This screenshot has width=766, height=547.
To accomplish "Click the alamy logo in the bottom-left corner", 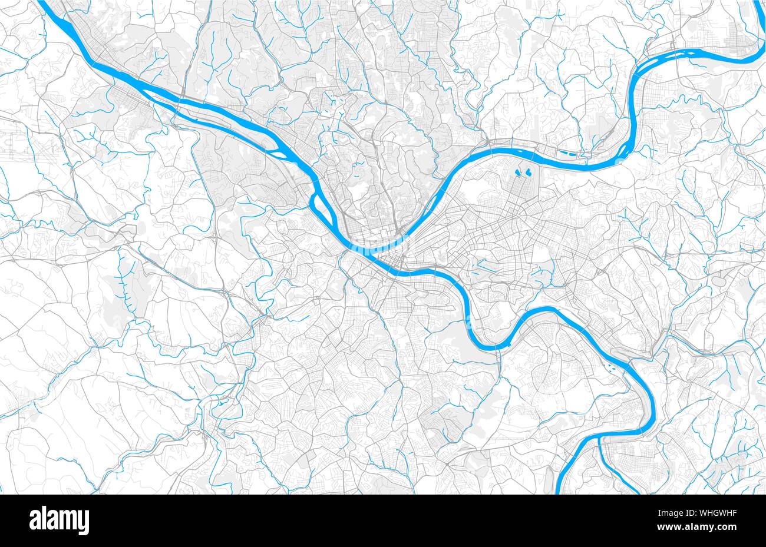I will click(59, 521).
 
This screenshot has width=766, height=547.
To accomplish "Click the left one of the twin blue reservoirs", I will click(519, 173).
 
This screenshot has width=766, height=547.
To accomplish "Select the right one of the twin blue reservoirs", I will click(529, 173).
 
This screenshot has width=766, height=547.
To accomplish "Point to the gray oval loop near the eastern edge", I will click(720, 283).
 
